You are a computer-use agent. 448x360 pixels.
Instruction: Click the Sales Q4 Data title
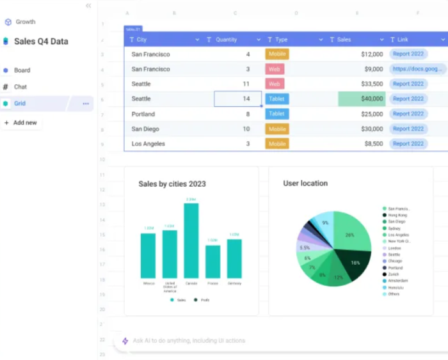[x=41, y=42]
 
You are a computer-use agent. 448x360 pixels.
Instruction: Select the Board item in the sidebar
[x=22, y=70]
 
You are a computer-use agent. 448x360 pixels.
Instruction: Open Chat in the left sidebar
[x=20, y=87]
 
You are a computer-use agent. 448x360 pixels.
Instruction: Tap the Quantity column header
[x=226, y=40]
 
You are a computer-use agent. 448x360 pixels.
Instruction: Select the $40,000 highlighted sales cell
[x=362, y=99]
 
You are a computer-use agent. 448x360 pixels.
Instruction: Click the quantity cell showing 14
[x=237, y=99]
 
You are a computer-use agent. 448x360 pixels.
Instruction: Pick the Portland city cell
[x=143, y=114]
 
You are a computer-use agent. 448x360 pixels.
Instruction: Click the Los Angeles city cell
[x=148, y=144]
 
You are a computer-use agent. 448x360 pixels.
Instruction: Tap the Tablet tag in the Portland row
[x=276, y=114]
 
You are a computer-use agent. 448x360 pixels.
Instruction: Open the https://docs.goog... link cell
[x=417, y=69]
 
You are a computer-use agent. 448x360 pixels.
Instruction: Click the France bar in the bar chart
[x=212, y=262]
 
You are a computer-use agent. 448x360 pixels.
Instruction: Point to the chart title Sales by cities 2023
[x=172, y=184]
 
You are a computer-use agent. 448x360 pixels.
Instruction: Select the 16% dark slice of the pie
[x=354, y=263]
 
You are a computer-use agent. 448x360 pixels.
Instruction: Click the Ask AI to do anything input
[x=189, y=341]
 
